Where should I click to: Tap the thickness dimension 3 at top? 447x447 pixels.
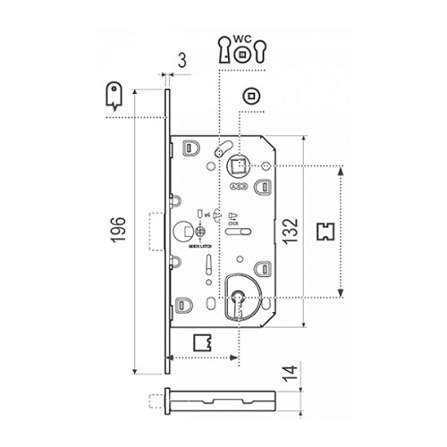[181, 61]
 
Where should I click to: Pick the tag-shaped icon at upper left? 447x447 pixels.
[113, 95]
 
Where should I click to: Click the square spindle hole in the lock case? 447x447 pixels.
[239, 164]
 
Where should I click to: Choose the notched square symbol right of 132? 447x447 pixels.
[327, 230]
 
